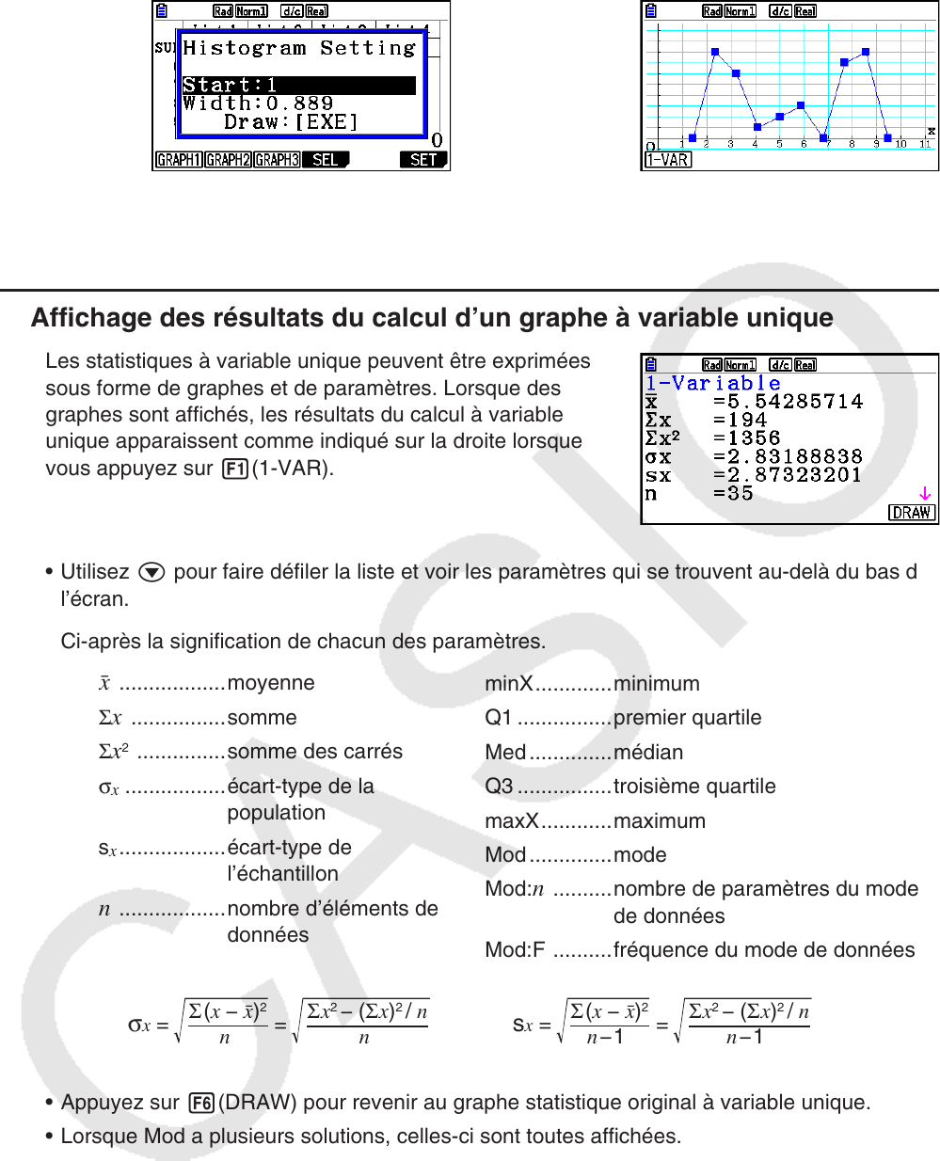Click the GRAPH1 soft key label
pyautogui.click(x=179, y=160)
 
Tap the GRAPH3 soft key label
pyautogui.click(x=277, y=160)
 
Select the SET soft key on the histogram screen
pyautogui.click(x=423, y=160)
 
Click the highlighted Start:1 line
pyautogui.click(x=298, y=85)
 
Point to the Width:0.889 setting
pyautogui.click(x=258, y=103)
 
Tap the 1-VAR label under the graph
pyautogui.click(x=667, y=160)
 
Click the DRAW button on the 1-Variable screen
pyautogui.click(x=911, y=513)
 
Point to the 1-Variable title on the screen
pyautogui.click(x=712, y=383)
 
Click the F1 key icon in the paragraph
pyautogui.click(x=234, y=469)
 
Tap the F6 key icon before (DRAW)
pyautogui.click(x=201, y=1103)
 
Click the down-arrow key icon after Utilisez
pyautogui.click(x=151, y=572)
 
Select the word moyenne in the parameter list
pyautogui.click(x=271, y=683)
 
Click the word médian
pyautogui.click(x=648, y=753)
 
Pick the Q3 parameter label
pyautogui.click(x=499, y=787)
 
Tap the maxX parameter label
pyautogui.click(x=511, y=821)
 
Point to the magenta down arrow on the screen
pyautogui.click(x=925, y=493)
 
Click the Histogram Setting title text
pyautogui.click(x=298, y=48)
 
